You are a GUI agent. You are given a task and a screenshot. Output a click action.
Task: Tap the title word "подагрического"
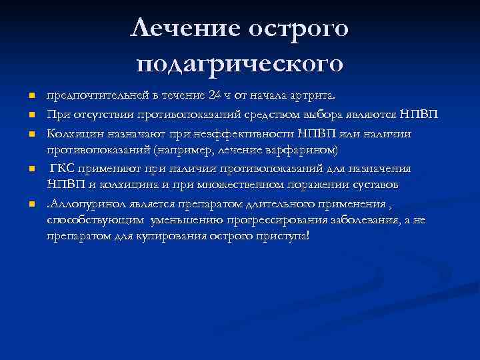[240, 64]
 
